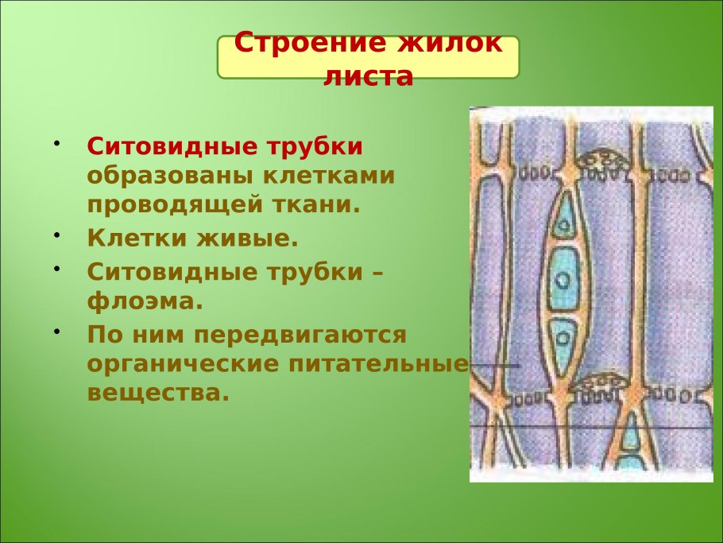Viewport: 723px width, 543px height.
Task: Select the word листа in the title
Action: [368, 76]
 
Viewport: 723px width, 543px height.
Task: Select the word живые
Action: [248, 238]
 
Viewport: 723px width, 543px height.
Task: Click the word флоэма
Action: [145, 302]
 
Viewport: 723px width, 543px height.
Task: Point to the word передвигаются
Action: [300, 335]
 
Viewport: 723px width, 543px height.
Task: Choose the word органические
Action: [183, 364]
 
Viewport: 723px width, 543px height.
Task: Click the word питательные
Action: [378, 363]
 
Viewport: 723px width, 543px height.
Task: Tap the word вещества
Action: [158, 393]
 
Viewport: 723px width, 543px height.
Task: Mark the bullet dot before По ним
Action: [56, 332]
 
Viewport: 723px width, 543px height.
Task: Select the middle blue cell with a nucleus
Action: [563, 278]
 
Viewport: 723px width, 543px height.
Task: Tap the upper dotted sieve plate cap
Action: [601, 159]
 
